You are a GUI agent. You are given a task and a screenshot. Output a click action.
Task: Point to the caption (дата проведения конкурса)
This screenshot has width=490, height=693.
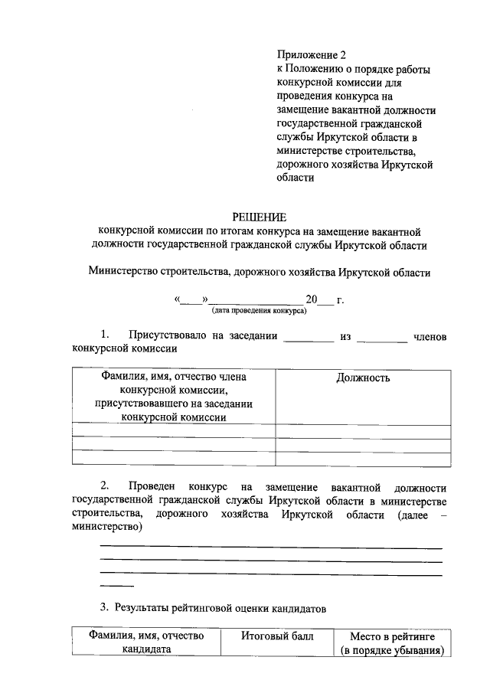(x=259, y=310)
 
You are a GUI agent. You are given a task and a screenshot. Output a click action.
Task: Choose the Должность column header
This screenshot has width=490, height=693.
(x=363, y=378)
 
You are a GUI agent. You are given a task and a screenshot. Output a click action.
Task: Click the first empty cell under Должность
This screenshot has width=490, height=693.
(x=363, y=430)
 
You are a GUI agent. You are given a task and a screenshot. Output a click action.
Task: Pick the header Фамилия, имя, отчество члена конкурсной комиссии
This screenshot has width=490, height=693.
(x=173, y=397)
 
